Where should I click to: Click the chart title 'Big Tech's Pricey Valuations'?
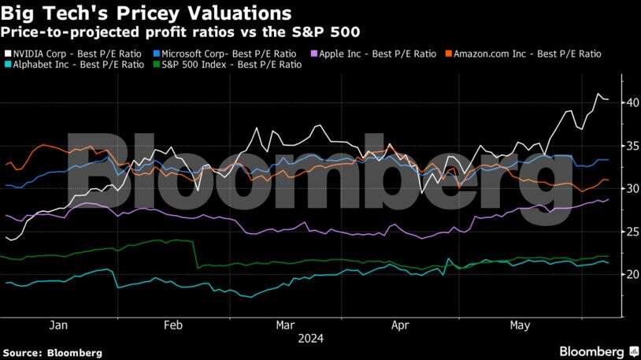(x=147, y=13)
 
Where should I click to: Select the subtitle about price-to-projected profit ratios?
(x=180, y=32)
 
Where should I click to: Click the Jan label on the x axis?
(x=58, y=325)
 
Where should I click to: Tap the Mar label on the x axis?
(x=285, y=325)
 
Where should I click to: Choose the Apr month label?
(x=399, y=325)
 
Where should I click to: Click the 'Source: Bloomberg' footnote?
(x=52, y=353)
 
